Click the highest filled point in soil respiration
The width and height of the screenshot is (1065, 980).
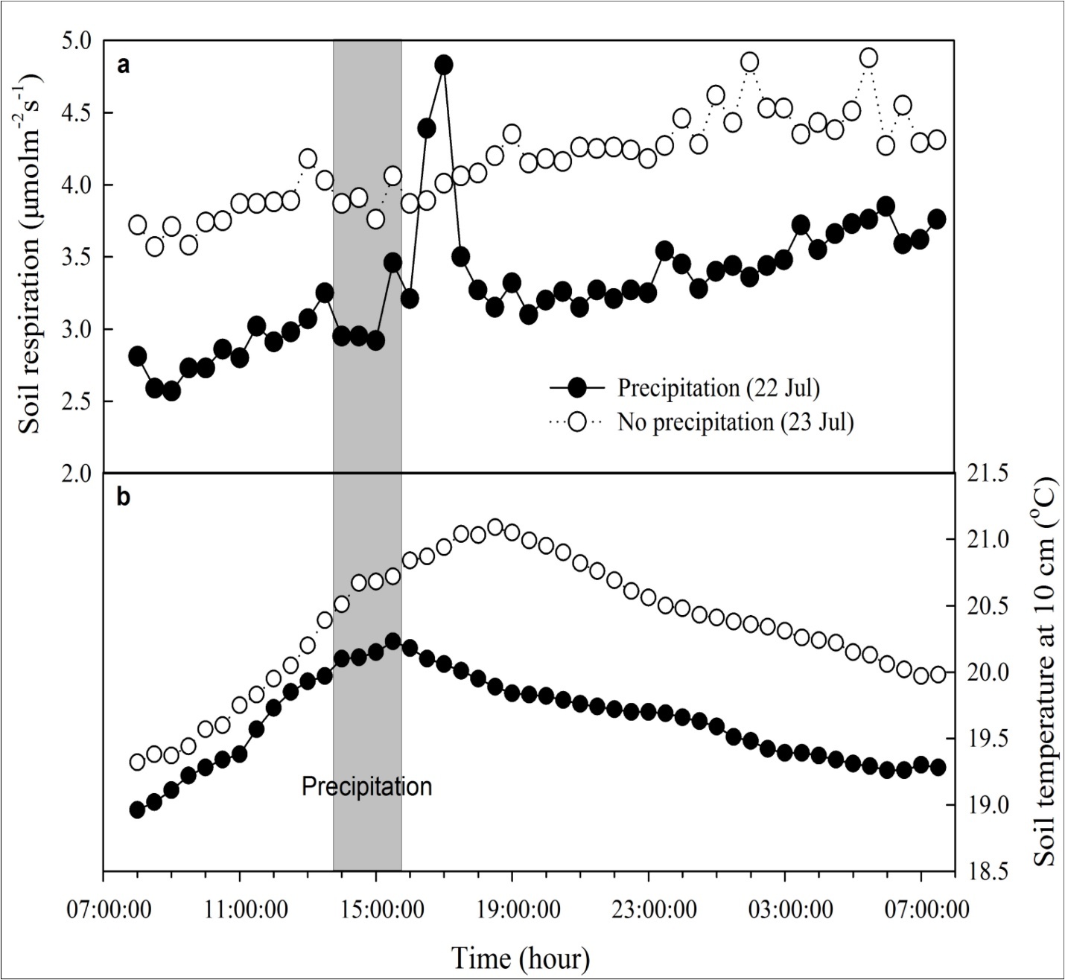click(444, 65)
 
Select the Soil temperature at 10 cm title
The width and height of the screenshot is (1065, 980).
click(1046, 670)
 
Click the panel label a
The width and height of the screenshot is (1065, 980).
click(124, 66)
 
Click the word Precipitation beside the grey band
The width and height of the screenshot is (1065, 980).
click(366, 786)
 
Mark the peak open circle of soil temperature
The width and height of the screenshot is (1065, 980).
click(495, 527)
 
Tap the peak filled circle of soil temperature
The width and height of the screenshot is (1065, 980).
click(392, 641)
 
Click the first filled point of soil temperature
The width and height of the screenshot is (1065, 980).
click(137, 809)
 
